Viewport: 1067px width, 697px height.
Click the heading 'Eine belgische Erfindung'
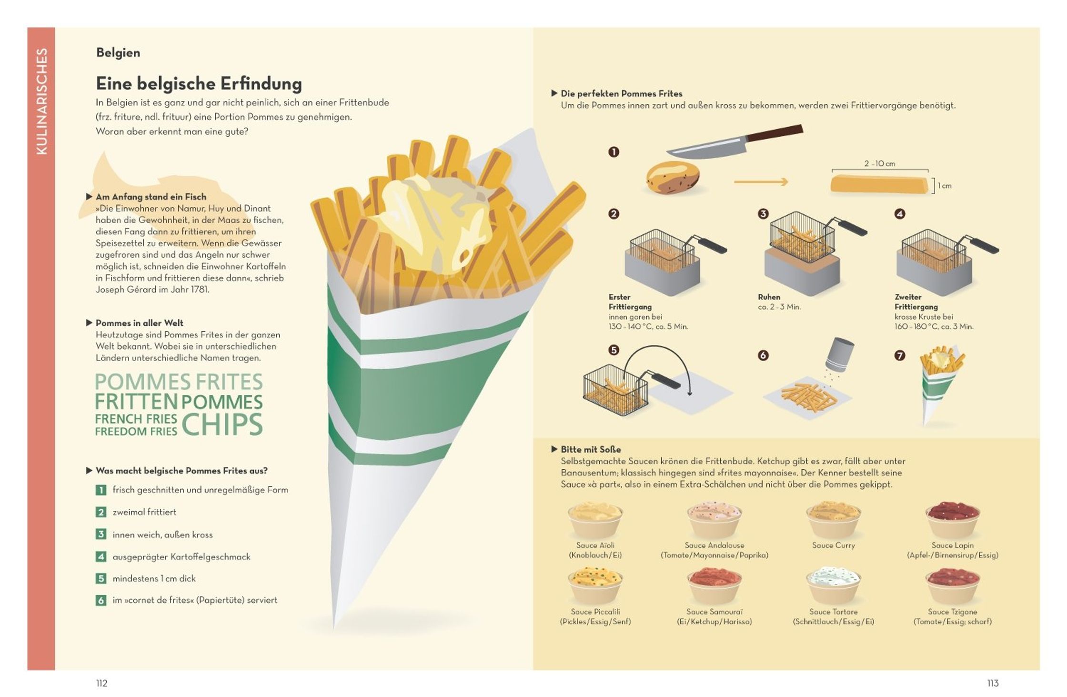pos(199,84)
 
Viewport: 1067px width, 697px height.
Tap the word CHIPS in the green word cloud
pos(222,424)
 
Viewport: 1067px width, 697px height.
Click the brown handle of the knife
pos(775,133)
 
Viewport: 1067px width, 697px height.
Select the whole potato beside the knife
pos(673,178)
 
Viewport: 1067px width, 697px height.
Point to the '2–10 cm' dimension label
pos(880,163)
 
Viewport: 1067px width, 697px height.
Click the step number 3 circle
pos(763,214)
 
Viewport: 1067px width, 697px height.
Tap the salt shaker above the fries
pos(839,354)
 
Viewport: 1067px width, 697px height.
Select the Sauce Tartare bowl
pos(834,586)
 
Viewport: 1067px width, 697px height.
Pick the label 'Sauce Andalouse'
pos(714,545)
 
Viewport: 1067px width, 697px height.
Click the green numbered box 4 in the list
pos(101,556)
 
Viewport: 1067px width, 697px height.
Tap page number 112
pos(102,683)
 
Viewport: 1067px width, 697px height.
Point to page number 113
pos(993,683)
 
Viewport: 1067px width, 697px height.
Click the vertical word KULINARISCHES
pos(42,101)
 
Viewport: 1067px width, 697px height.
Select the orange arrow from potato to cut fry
pos(761,182)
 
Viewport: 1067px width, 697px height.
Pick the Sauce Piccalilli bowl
pos(595,586)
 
